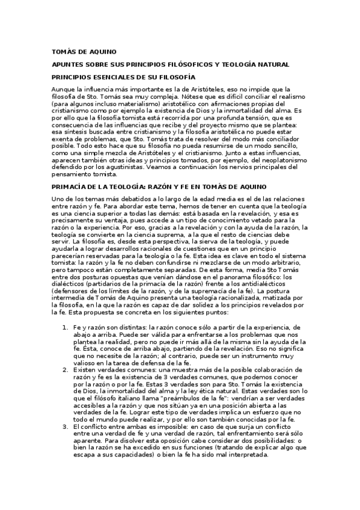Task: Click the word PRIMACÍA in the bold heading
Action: point(70,188)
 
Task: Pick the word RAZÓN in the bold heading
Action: point(170,188)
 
